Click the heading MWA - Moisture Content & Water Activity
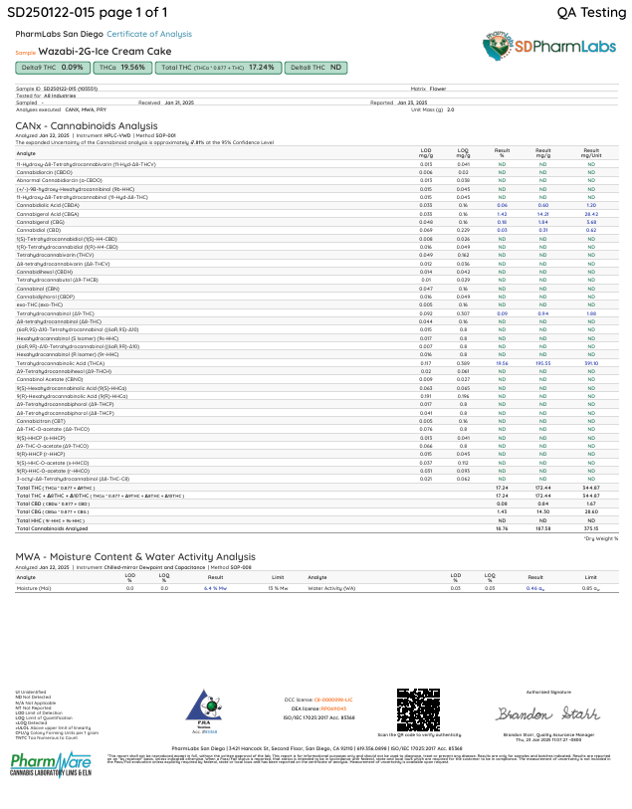[135, 557]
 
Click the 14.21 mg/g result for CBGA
[543, 213]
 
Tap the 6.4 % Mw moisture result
[216, 589]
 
